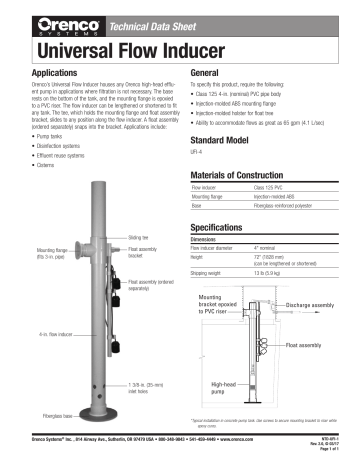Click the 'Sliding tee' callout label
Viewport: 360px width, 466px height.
pos(139,238)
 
